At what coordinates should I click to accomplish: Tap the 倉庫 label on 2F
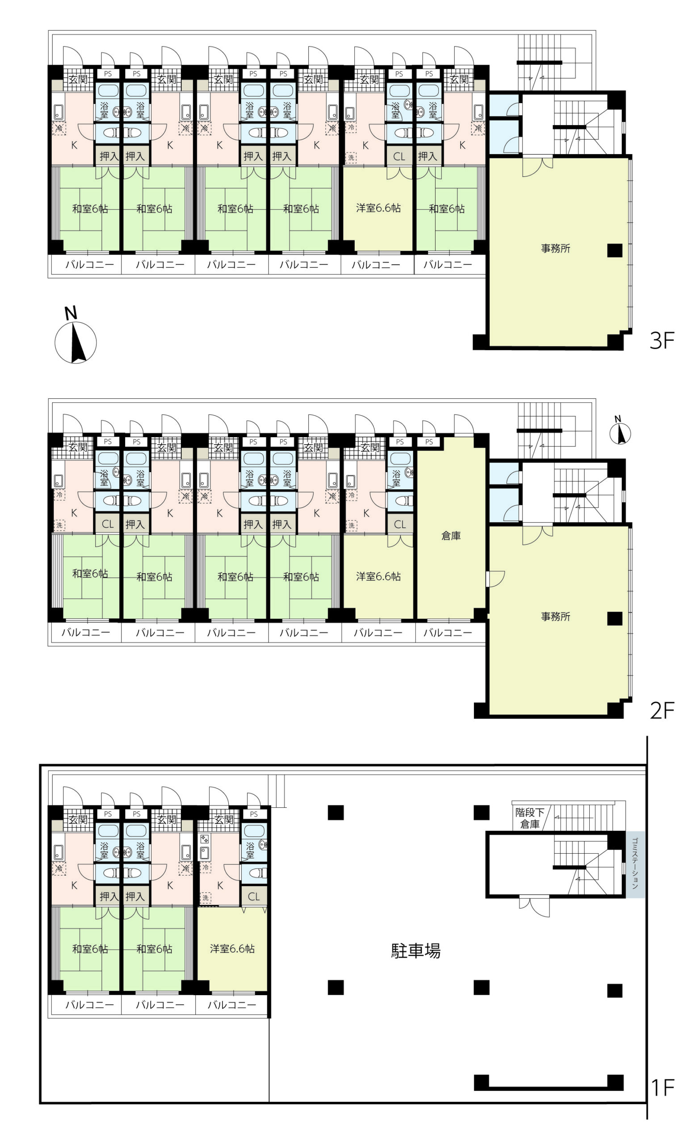point(451,536)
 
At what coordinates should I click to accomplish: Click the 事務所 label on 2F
point(555,617)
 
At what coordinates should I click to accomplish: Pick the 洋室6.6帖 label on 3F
point(378,208)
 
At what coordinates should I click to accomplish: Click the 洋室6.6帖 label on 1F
point(232,949)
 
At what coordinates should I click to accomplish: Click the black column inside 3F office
point(615,250)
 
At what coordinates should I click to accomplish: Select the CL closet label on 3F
point(399,157)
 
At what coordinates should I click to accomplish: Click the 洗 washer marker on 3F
point(351,158)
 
